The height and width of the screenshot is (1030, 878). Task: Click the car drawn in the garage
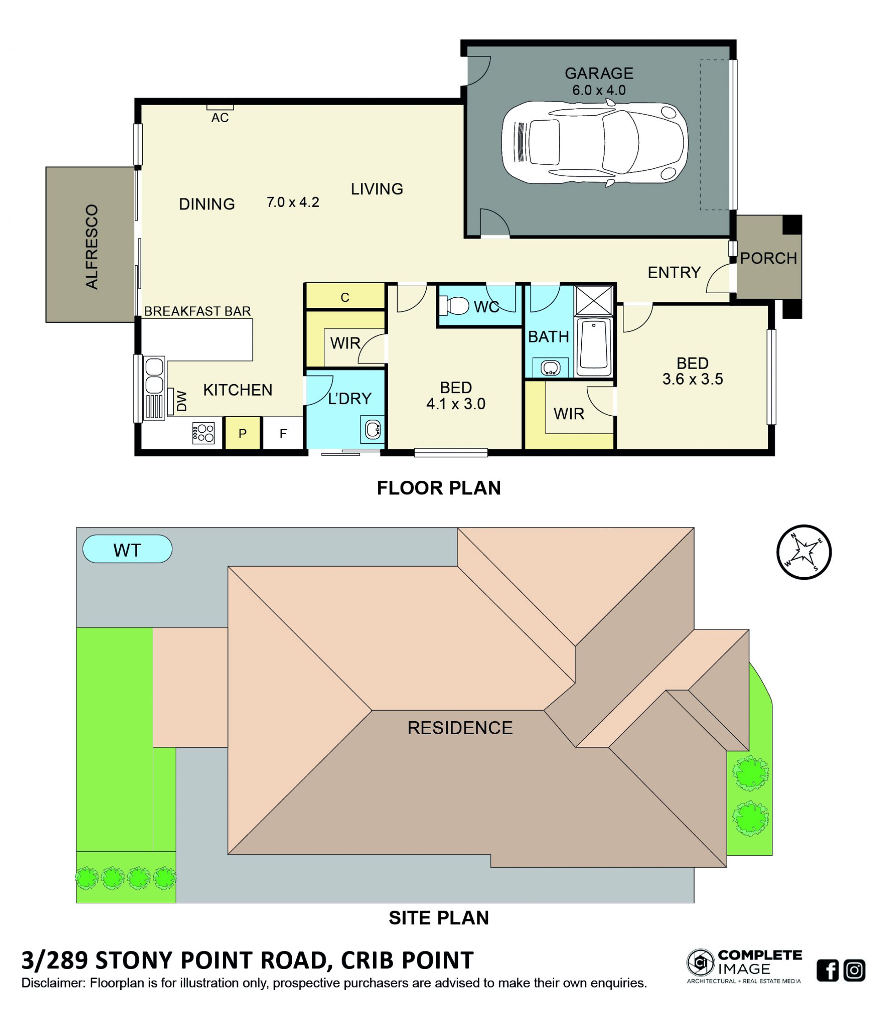click(594, 143)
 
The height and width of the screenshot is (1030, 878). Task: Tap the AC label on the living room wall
click(220, 118)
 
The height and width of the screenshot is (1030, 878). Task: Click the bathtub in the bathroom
click(594, 348)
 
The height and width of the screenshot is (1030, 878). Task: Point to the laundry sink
click(373, 429)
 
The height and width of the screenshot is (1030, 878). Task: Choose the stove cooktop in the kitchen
click(203, 433)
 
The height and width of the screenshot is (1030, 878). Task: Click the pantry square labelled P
click(242, 434)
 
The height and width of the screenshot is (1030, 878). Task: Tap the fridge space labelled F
click(283, 434)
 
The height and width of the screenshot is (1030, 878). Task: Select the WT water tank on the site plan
click(127, 549)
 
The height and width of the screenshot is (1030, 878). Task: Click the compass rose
click(803, 552)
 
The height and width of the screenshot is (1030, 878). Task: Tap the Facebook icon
click(827, 970)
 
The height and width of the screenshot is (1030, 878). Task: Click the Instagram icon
click(854, 970)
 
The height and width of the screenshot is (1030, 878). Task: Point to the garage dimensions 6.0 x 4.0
click(599, 91)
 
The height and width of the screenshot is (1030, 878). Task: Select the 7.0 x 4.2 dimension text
click(293, 202)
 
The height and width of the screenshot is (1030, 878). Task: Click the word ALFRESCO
click(92, 247)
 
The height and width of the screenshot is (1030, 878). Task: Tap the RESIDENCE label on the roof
click(460, 728)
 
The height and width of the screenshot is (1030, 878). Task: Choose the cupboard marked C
click(345, 297)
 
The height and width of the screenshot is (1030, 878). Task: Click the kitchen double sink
click(154, 376)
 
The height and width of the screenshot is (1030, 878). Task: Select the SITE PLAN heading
click(439, 917)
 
